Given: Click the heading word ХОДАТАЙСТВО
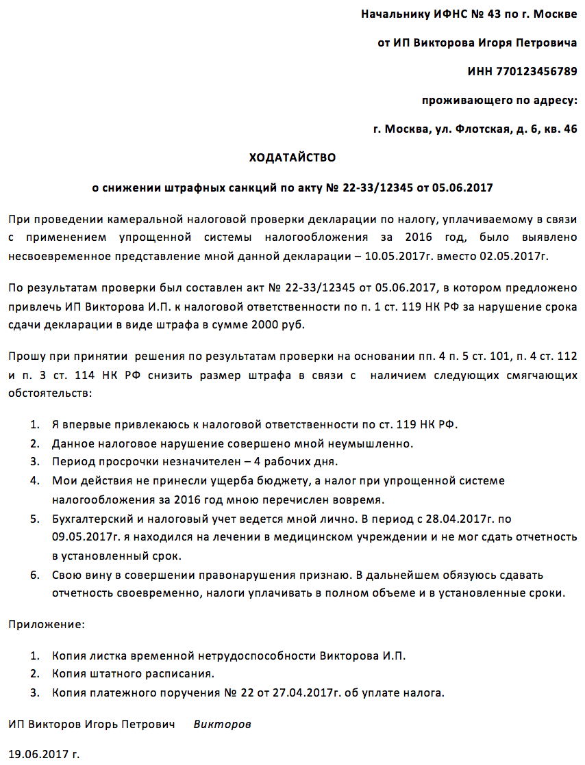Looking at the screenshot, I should tap(292, 157).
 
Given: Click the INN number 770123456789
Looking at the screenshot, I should tap(522, 71).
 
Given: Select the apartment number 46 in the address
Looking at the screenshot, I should tap(569, 129).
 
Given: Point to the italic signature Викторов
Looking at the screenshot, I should tap(222, 724).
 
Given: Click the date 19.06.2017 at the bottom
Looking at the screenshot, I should tap(38, 755).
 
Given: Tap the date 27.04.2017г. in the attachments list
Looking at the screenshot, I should tap(302, 692).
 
